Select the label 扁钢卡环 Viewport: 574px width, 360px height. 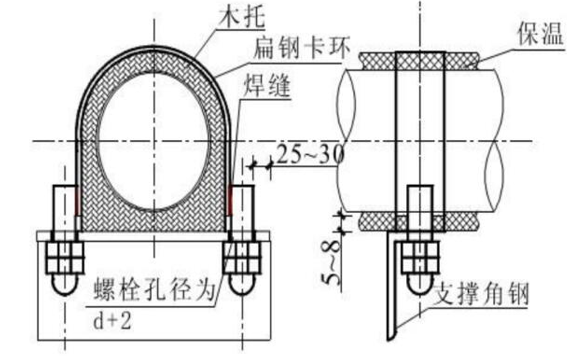[302, 47]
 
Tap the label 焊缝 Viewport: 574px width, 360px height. [267, 85]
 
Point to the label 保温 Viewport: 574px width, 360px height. [540, 34]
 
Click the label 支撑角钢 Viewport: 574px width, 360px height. [481, 294]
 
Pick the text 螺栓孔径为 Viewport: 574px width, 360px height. [155, 290]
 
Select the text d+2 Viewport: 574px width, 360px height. [112, 322]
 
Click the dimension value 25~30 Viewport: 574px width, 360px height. [310, 154]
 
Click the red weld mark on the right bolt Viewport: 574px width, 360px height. [230, 200]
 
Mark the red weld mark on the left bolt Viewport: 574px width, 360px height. [77, 200]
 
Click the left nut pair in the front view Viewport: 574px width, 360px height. [65, 257]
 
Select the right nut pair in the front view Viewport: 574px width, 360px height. [242, 257]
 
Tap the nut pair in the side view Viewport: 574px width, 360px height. [420, 257]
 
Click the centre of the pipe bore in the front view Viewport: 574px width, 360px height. [153, 141]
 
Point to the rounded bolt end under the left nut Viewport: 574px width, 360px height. [65, 284]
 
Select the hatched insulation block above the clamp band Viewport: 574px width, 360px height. [420, 61]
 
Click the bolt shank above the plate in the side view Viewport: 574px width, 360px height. [420, 208]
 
